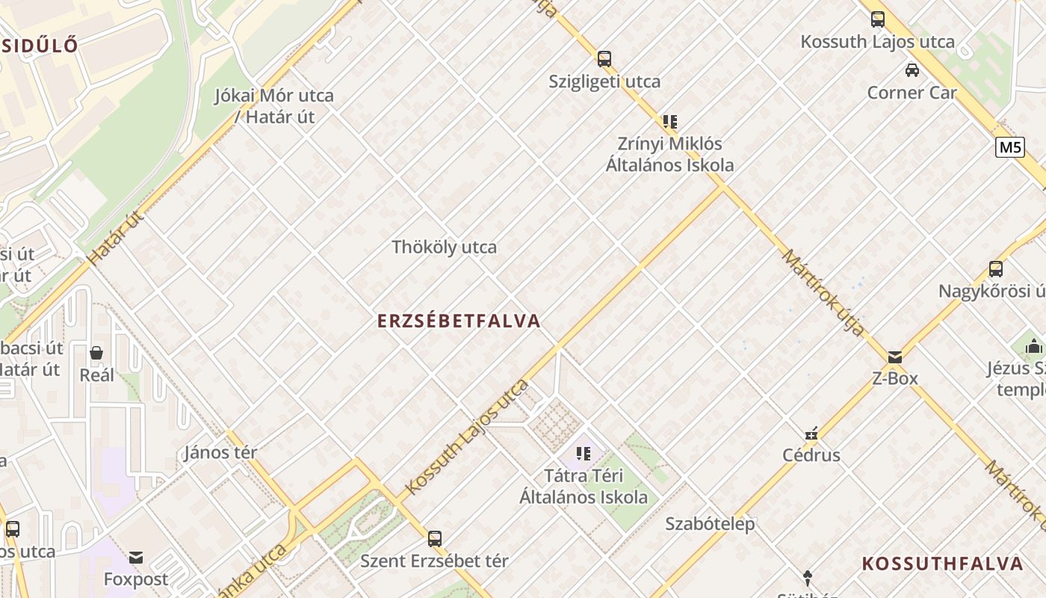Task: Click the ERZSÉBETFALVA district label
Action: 459,321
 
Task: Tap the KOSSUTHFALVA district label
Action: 942,564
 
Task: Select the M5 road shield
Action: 1009,147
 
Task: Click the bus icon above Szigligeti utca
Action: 604,58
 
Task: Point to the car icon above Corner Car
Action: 912,70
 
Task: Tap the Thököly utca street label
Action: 444,247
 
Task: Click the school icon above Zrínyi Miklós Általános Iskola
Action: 669,121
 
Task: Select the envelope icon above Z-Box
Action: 895,357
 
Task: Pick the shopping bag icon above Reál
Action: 96,353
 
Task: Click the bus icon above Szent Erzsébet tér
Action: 434,538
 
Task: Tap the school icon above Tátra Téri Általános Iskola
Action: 584,453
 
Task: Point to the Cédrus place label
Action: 811,455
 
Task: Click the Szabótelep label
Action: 710,524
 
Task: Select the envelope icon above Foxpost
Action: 135,558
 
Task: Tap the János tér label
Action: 220,452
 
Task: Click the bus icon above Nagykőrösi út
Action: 995,269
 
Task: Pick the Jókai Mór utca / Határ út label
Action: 274,106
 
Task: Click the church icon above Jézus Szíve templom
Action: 1034,346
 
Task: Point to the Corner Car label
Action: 912,93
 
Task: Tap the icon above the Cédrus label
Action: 811,434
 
